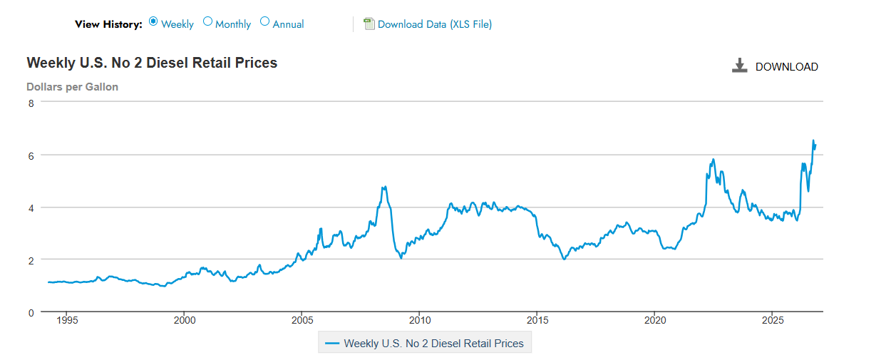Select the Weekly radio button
pyautogui.click(x=153, y=21)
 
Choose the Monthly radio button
pyautogui.click(x=207, y=21)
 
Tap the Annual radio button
pyautogui.click(x=265, y=21)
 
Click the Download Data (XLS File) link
pyautogui.click(x=435, y=24)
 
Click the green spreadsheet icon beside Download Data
pyautogui.click(x=369, y=24)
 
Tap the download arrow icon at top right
pyautogui.click(x=739, y=66)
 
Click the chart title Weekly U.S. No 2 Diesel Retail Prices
pyautogui.click(x=152, y=63)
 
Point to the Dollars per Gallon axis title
pyautogui.click(x=73, y=87)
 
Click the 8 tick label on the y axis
pyautogui.click(x=31, y=103)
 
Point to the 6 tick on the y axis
pyautogui.click(x=31, y=156)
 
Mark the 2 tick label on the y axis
pyautogui.click(x=31, y=261)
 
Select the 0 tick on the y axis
pyautogui.click(x=31, y=313)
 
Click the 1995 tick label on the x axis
pyautogui.click(x=67, y=320)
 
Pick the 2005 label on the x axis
pyautogui.click(x=302, y=320)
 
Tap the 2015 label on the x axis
pyautogui.click(x=537, y=320)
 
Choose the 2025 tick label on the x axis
pyautogui.click(x=773, y=320)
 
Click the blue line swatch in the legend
pyautogui.click(x=332, y=344)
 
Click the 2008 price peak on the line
pyautogui.click(x=385, y=187)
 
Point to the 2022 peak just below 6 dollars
pyautogui.click(x=714, y=160)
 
